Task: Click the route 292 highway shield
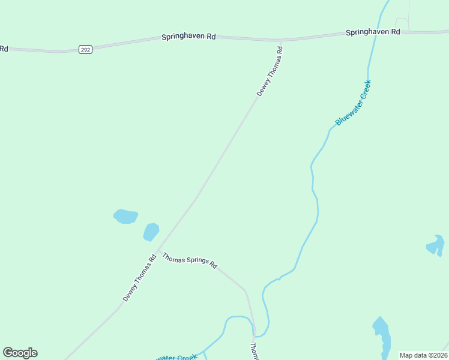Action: [x=85, y=50]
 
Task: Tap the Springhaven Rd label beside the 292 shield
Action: [x=188, y=37]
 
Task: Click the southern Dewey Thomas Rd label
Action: [x=139, y=277]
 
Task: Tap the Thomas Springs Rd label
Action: [x=190, y=262]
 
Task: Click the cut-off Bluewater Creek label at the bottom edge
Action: [x=176, y=358]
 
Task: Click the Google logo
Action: [x=20, y=353]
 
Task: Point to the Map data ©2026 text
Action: [x=423, y=355]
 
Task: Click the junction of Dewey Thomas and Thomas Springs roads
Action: [x=157, y=250]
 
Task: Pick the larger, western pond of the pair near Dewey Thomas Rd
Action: [x=125, y=216]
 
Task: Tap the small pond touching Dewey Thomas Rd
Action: [x=151, y=232]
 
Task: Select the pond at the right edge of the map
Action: [x=436, y=245]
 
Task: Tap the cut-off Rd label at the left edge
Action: [x=4, y=49]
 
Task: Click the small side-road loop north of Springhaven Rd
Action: [x=402, y=23]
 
